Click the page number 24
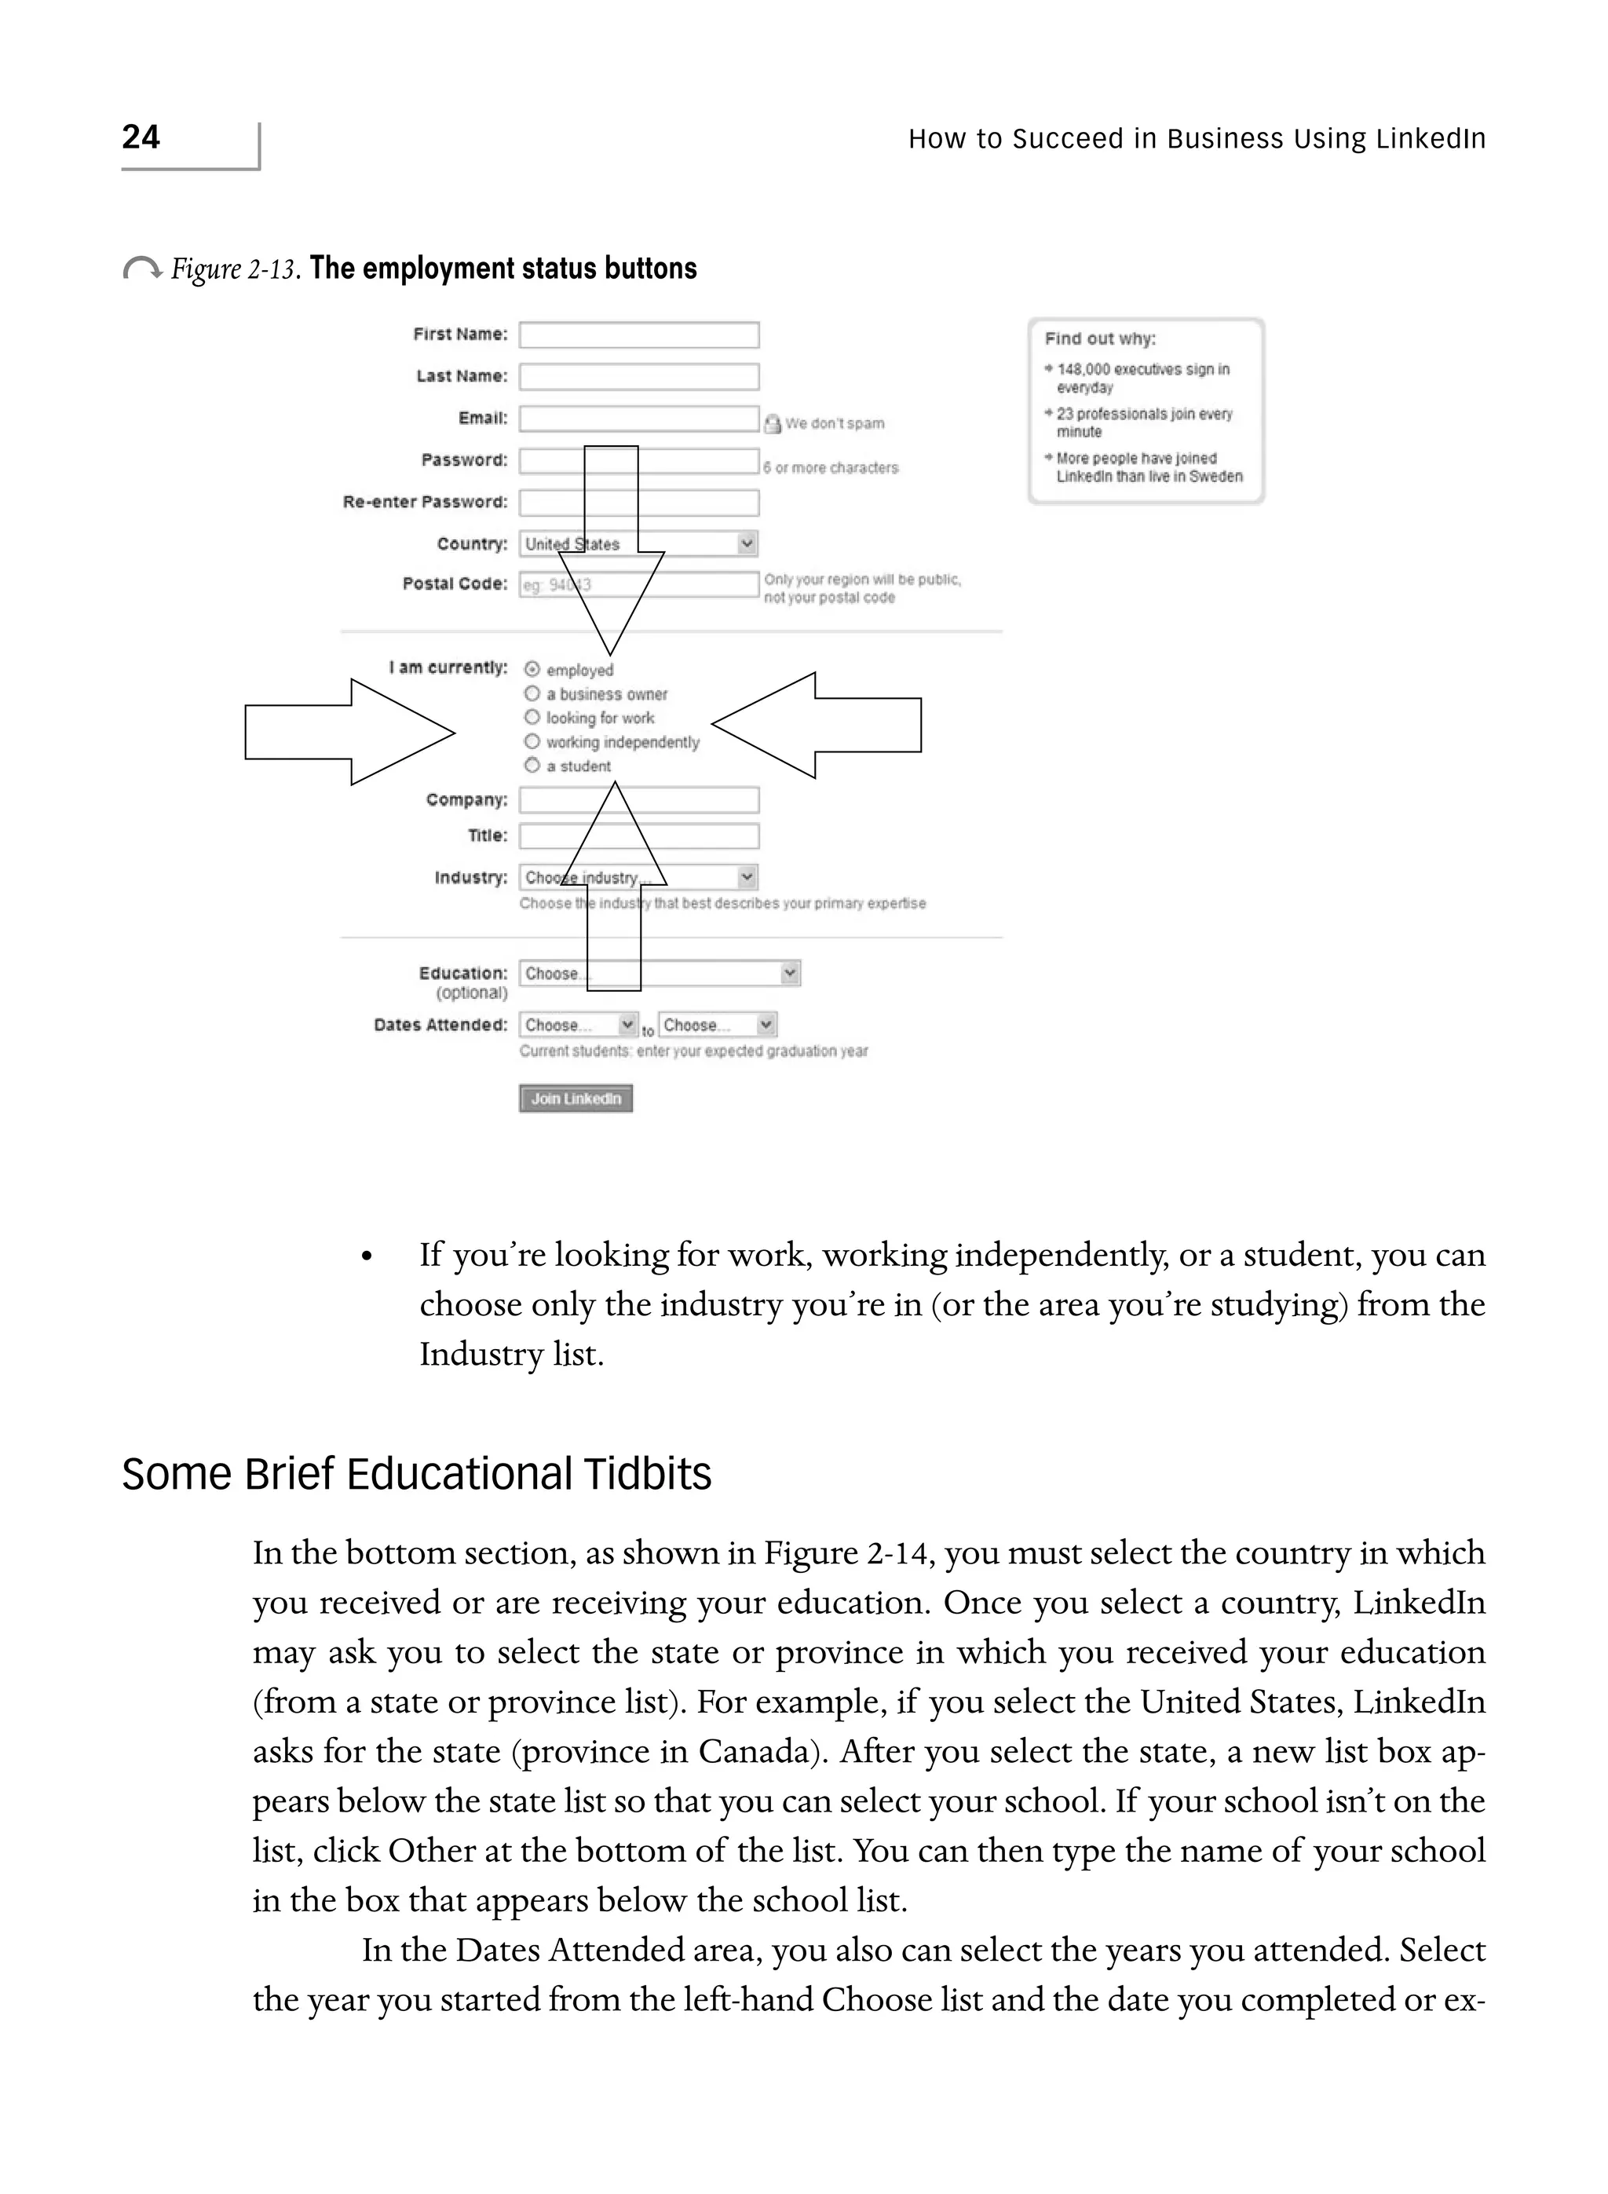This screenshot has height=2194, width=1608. (141, 137)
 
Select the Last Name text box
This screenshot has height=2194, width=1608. (638, 377)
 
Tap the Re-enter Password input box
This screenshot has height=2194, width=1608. (638, 503)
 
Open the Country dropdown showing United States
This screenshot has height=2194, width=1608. (638, 544)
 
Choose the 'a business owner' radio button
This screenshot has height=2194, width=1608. (532, 694)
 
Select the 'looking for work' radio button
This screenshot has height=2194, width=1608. (532, 718)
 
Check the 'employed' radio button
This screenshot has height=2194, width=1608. (532, 670)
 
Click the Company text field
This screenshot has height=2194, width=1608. (638, 800)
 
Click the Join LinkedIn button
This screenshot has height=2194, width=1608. (576, 1099)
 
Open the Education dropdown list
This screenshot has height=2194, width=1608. (659, 974)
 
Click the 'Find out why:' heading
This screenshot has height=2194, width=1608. (1100, 338)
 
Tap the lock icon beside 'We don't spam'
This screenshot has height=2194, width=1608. (772, 423)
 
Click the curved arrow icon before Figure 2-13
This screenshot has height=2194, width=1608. (142, 269)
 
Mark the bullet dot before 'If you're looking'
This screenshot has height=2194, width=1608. (367, 1258)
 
